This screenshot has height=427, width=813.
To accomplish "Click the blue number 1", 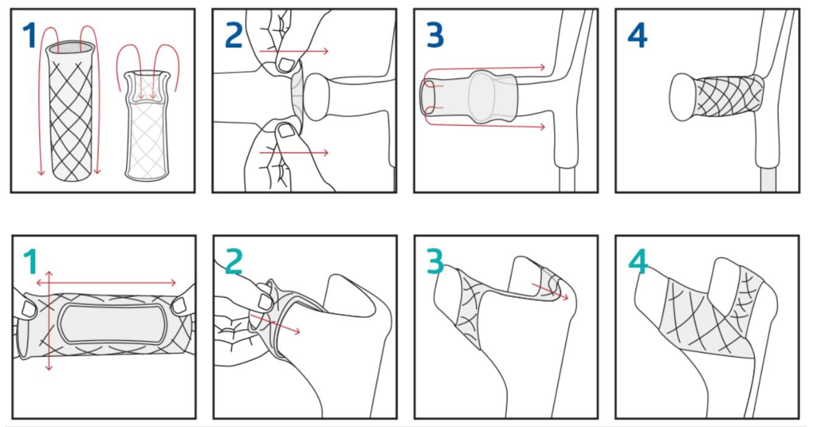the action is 30,35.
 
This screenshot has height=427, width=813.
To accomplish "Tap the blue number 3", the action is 435,35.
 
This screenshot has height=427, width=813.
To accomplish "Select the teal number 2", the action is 234,261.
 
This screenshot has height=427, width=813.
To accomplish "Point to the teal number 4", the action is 638,261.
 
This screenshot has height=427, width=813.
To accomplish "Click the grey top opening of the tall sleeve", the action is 71,47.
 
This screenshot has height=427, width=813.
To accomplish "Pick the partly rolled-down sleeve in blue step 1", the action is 147,125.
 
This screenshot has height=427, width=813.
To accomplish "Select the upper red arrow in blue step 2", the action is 294,52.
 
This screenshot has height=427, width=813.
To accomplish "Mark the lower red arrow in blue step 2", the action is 294,152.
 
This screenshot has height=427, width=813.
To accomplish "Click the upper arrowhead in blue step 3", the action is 542,67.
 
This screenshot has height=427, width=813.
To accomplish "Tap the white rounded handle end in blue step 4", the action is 682,97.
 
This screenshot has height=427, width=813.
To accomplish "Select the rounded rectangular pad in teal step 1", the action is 112,323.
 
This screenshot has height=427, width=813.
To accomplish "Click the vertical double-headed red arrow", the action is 49,321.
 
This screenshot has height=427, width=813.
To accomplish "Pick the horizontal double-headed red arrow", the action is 106,282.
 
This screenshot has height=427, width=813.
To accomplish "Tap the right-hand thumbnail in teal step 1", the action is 179,306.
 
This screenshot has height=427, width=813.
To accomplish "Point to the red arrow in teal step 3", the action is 550,292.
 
